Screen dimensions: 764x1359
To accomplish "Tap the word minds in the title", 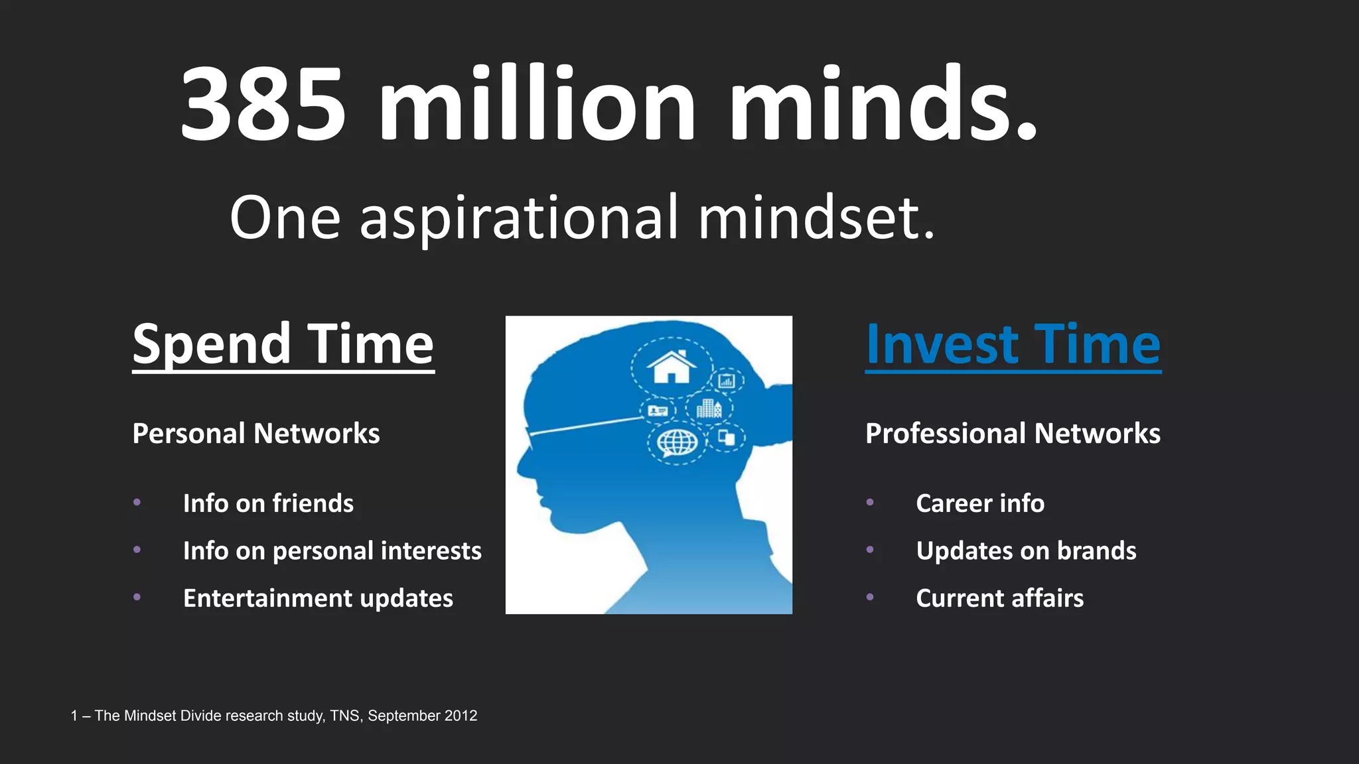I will coord(883,104).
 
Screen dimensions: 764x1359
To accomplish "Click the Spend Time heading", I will coord(283,345).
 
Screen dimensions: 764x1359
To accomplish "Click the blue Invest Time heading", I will coord(1013,345).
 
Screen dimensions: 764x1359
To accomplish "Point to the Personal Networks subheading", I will coord(256,434).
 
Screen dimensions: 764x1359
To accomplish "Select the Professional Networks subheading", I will coord(1013,434).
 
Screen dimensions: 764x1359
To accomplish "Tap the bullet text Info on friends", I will coord(268,503).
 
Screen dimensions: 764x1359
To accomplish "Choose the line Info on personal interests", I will coord(332,551).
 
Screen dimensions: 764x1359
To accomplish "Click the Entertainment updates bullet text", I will coord(318,598).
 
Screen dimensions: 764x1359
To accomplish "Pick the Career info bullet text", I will coord(980,503).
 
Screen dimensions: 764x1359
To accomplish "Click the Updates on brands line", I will coord(1026,551).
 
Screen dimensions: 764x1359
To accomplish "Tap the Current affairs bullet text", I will coord(999,598).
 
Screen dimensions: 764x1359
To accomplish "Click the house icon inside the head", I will coord(672,367).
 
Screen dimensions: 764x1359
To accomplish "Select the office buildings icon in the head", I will coord(709,409).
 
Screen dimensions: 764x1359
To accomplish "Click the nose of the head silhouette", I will coord(523,464).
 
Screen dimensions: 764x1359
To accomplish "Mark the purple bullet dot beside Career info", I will coord(870,503).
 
